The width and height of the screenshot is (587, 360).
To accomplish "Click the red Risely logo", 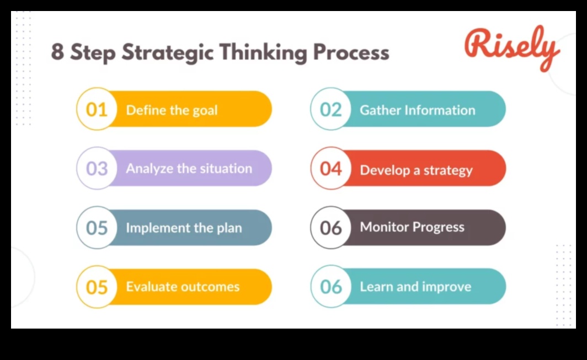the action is point(512,48).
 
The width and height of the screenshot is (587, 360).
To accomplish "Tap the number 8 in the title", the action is point(57,51).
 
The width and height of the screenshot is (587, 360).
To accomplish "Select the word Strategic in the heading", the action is point(167,52).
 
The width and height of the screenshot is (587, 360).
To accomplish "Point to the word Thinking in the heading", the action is point(263,52).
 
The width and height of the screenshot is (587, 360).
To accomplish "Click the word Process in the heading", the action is point(351,52).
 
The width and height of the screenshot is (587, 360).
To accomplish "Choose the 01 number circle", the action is point(97,109).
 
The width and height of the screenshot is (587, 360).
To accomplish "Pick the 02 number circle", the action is point(331,109).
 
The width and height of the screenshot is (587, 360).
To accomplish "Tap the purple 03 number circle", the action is point(97,168).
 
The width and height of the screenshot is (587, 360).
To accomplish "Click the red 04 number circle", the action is point(331,168).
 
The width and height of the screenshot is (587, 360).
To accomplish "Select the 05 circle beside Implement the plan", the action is point(97,228).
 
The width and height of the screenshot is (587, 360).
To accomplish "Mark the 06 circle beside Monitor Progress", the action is point(331,228).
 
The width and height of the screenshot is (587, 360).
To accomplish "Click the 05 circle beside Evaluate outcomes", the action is point(97,287).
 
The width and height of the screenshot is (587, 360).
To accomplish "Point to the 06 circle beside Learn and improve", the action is point(331,287).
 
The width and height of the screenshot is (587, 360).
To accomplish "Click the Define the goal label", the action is point(172,110).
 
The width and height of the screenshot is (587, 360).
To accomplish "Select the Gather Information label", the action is point(418,110).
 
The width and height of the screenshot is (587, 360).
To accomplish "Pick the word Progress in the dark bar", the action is point(439,227).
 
